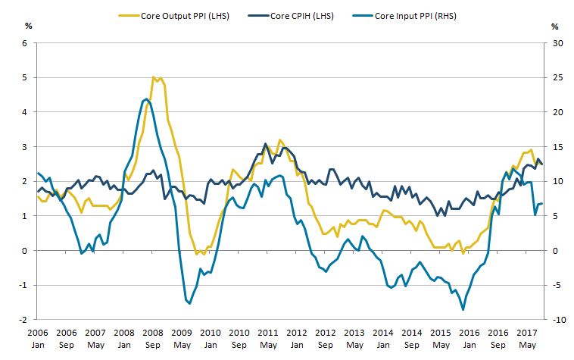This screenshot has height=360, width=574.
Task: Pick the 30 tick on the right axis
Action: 556,43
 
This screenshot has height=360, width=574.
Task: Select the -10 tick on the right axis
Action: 557,320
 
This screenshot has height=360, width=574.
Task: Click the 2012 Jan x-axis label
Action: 296,338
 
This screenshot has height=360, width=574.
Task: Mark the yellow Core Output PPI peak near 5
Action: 154,77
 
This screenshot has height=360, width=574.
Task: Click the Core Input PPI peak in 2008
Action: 146,99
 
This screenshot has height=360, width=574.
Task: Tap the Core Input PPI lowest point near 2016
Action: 463,309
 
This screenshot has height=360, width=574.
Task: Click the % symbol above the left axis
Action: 28,27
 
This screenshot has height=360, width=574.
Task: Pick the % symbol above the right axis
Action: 554,27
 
